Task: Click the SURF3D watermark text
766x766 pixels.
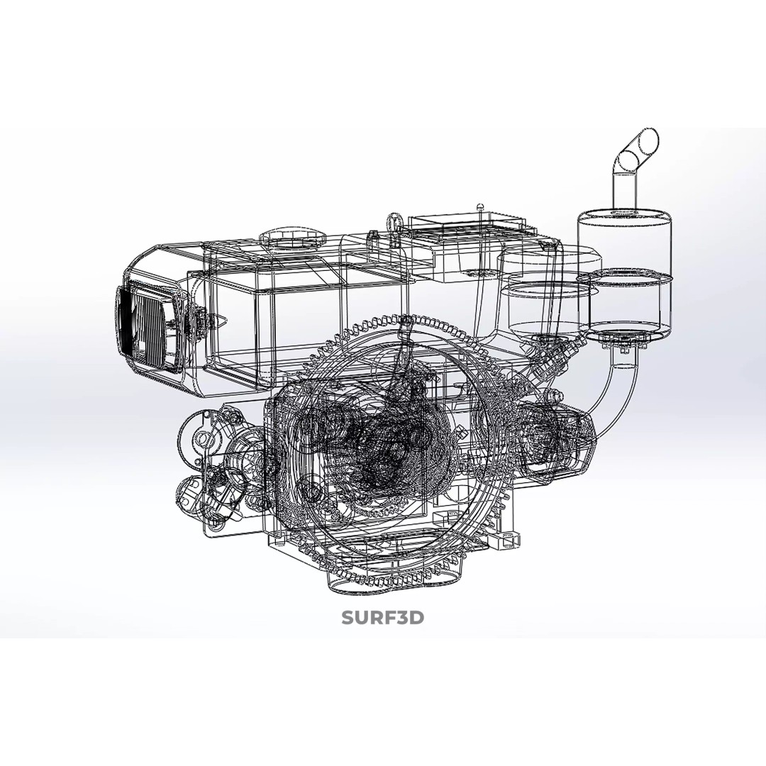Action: [x=382, y=618]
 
